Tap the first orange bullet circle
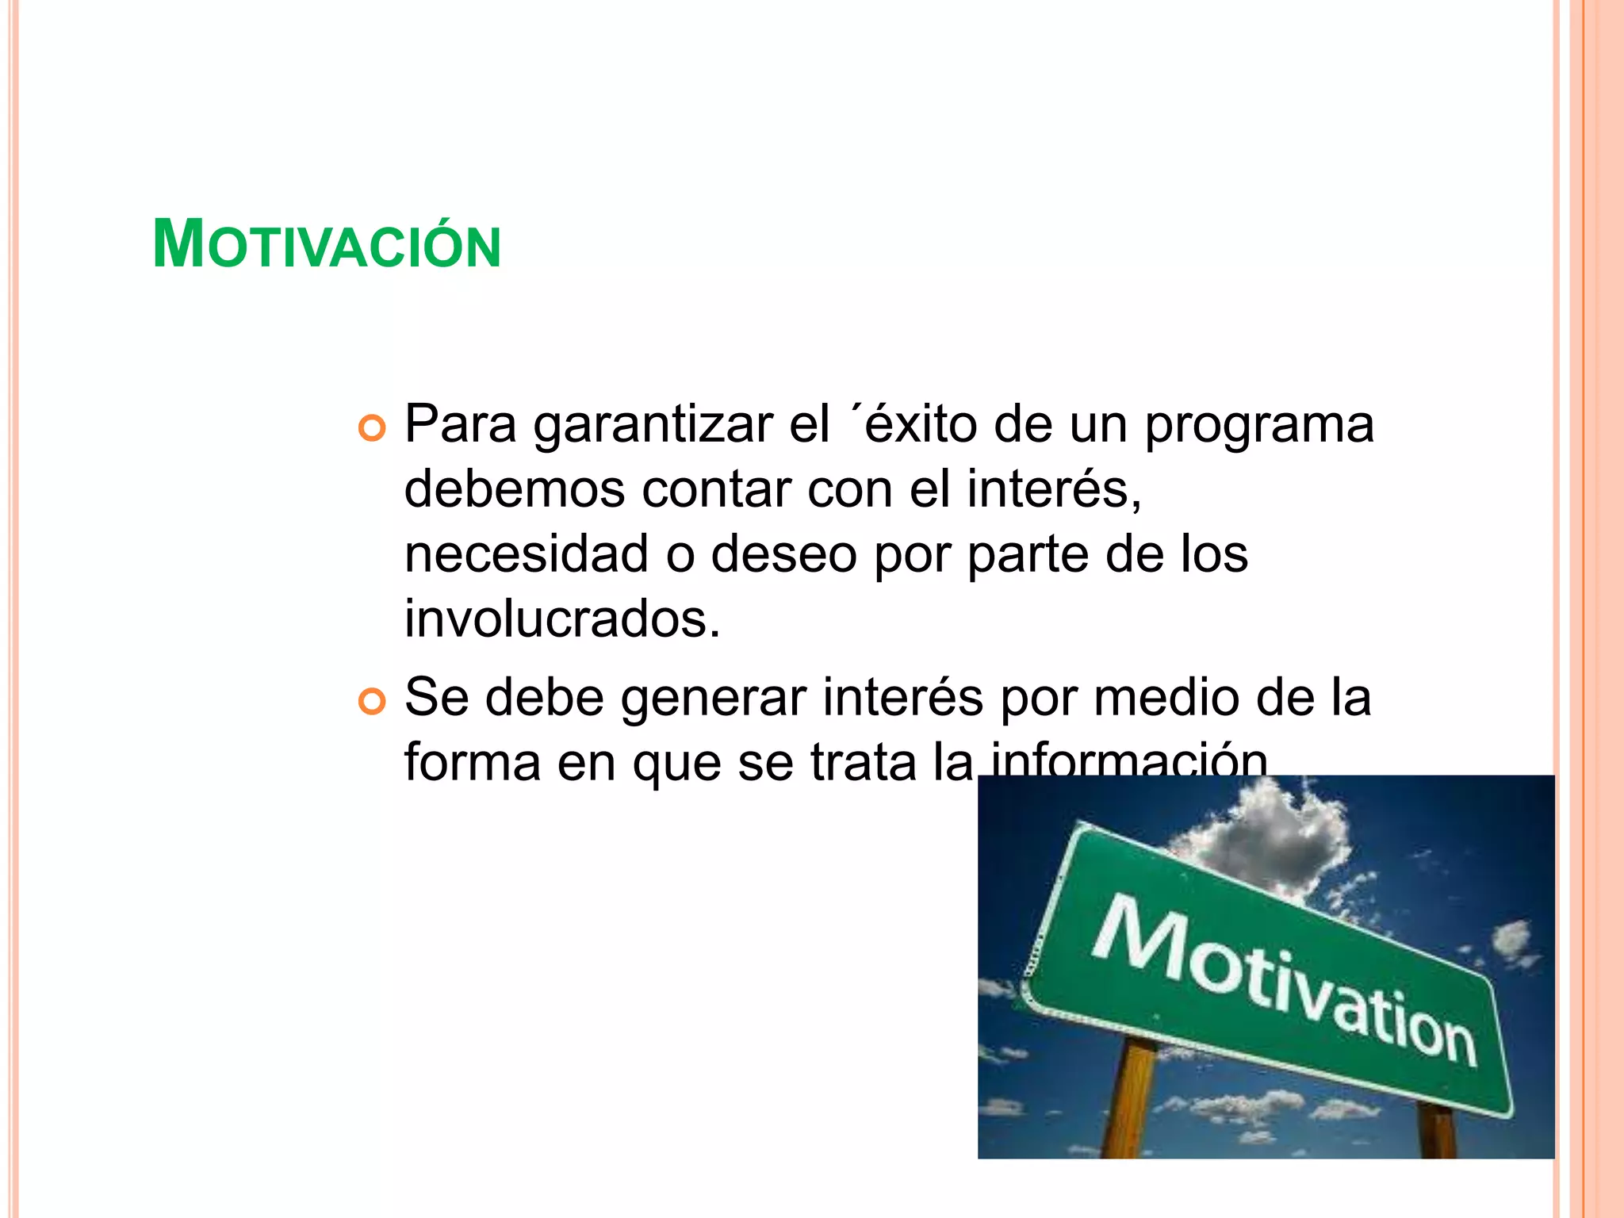click(371, 429)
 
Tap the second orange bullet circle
click(371, 702)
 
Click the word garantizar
click(652, 426)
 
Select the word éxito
click(921, 424)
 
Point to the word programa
click(1258, 426)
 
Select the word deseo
click(783, 555)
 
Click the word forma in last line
click(472, 763)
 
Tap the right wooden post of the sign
click(1438, 1130)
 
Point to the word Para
click(460, 424)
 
